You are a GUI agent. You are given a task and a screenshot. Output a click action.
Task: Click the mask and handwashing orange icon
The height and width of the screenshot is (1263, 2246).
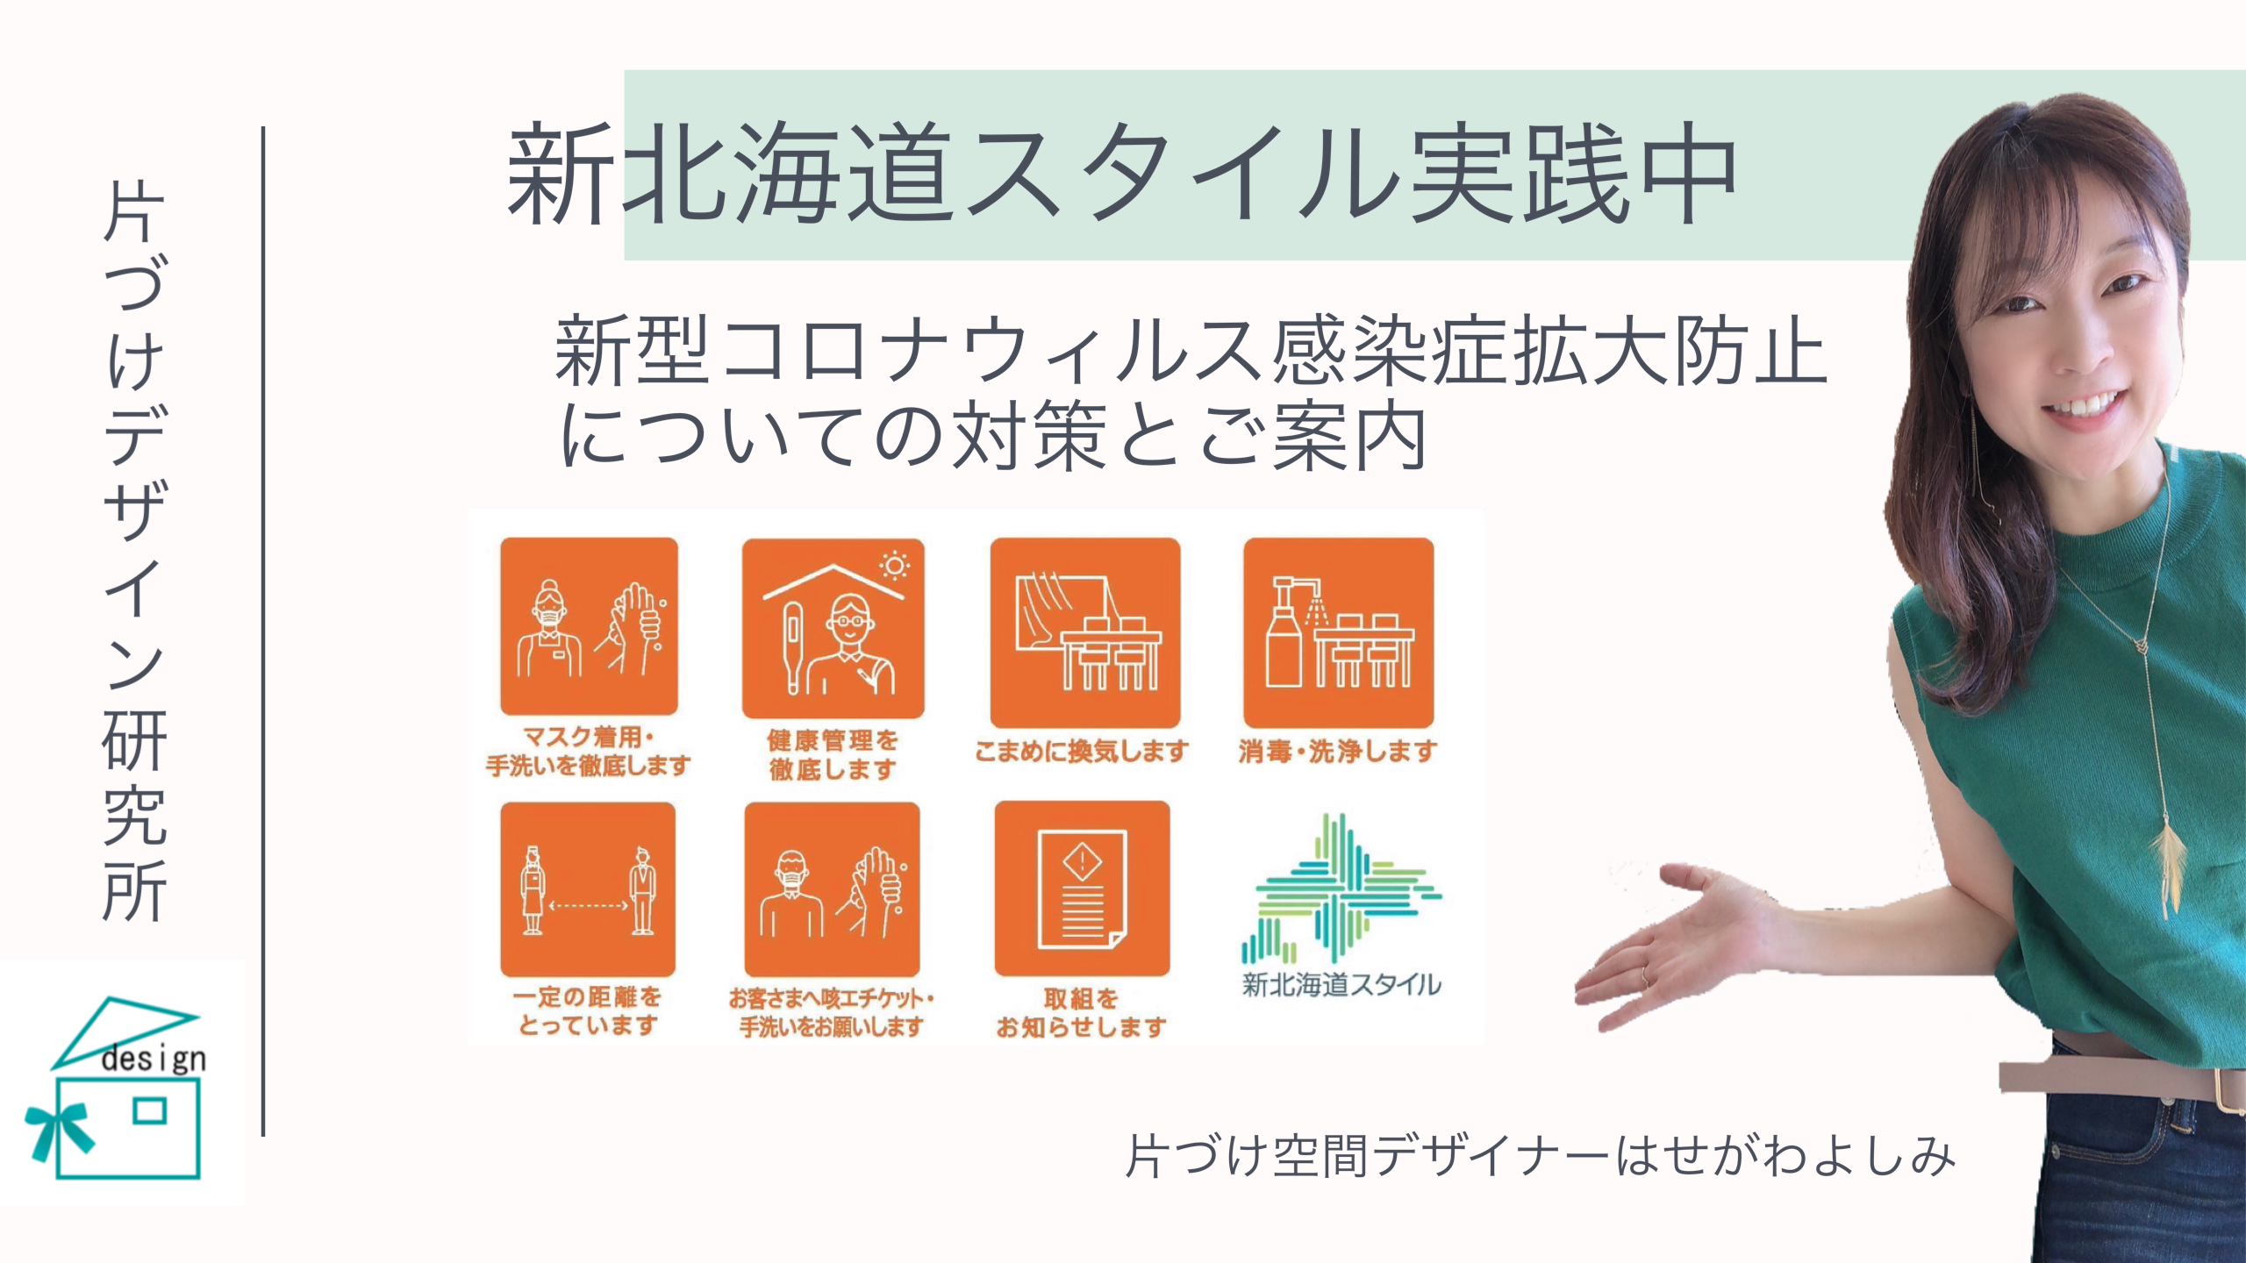[x=589, y=626]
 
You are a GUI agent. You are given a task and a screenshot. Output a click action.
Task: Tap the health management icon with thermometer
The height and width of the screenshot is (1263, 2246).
[x=833, y=628]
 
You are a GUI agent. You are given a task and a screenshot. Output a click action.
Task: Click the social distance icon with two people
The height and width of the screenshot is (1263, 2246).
[x=588, y=889]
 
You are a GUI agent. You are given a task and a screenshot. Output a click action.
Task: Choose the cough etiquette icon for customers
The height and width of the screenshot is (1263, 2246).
[x=832, y=889]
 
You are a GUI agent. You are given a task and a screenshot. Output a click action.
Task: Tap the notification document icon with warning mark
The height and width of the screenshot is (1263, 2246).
[x=1082, y=888]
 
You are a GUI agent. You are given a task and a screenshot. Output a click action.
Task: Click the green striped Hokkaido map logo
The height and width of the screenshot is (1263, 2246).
[x=1341, y=888]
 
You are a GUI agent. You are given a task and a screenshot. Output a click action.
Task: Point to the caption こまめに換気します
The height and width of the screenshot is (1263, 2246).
[x=1082, y=751]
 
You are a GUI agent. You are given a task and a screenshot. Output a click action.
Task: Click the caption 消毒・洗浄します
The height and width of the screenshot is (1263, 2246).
[x=1338, y=751]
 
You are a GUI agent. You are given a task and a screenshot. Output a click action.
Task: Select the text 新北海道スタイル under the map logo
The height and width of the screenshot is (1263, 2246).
[x=1341, y=985]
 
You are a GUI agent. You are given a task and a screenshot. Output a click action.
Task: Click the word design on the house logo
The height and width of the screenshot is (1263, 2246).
[x=154, y=1059]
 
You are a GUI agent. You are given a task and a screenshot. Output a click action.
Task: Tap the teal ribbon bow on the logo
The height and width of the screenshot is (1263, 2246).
[x=60, y=1131]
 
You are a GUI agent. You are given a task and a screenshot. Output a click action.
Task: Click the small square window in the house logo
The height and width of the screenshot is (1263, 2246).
[x=150, y=1111]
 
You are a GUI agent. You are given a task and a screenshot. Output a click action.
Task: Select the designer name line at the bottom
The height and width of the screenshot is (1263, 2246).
[x=1541, y=1156]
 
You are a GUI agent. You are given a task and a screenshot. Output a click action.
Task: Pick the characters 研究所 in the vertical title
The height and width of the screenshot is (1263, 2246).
[x=134, y=815]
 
